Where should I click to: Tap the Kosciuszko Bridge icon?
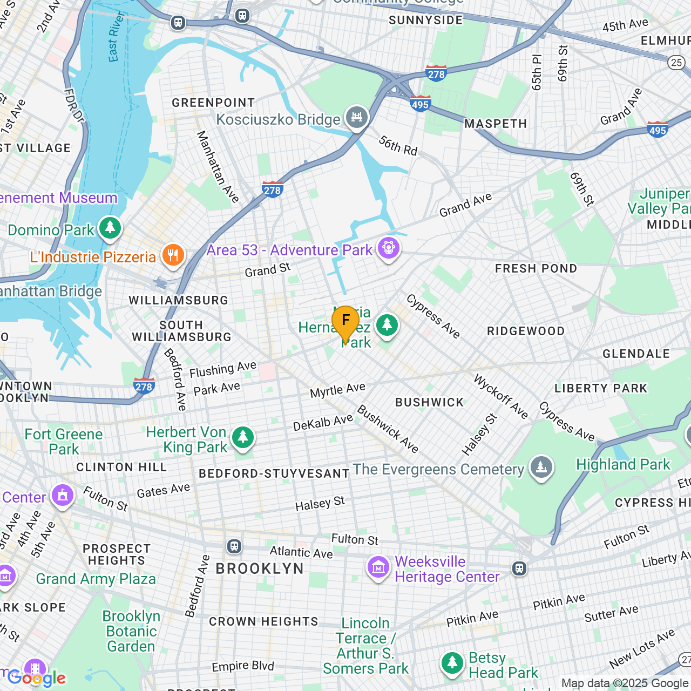point(356,117)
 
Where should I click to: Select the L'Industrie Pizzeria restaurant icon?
point(173,255)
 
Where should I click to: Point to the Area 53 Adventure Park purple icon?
point(388,248)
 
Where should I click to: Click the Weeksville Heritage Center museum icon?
point(378,567)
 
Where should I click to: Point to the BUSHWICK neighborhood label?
point(429,402)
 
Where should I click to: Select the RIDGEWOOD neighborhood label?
point(525,331)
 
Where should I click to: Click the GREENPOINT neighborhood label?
point(213,103)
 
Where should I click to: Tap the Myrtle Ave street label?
point(337,390)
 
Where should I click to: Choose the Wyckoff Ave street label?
point(500,397)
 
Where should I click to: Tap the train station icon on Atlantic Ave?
point(234,546)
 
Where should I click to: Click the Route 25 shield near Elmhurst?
point(676,62)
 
